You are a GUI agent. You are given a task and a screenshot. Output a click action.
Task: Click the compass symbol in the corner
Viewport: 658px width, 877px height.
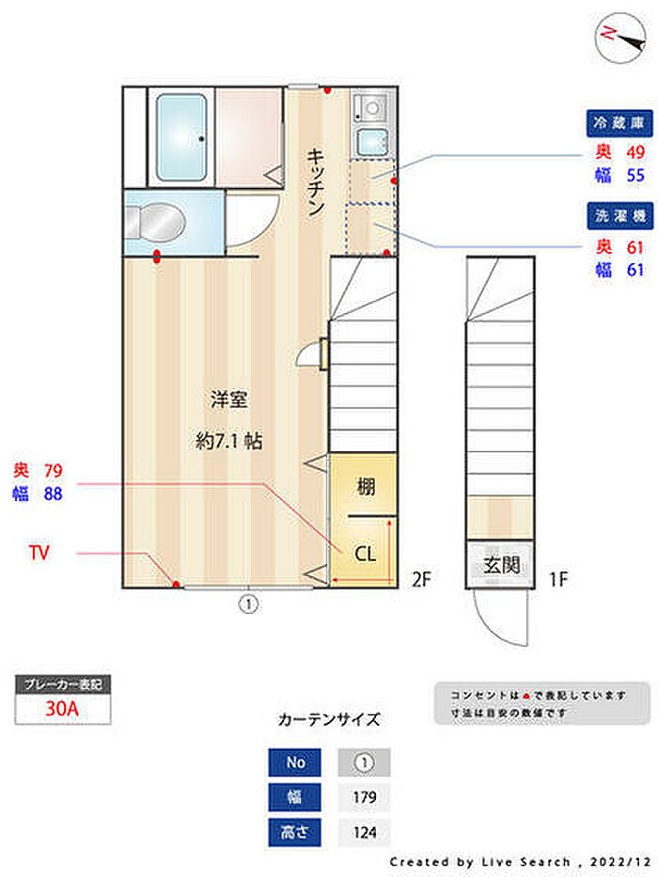620,38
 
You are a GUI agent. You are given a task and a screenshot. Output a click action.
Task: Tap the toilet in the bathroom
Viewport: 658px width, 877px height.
155,223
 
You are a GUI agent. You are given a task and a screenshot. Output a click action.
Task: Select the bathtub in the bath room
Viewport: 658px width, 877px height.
180,137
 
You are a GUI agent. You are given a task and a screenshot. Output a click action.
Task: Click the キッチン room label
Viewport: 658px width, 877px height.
316,181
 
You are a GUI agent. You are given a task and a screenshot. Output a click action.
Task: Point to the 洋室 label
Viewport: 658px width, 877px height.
228,399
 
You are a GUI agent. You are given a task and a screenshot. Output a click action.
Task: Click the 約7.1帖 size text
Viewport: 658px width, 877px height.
228,441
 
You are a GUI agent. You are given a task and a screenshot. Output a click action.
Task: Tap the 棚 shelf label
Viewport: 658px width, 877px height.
366,487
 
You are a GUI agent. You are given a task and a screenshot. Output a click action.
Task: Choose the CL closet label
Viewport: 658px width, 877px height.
366,555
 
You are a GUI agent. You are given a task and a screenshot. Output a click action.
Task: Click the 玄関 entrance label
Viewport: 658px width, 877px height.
501,565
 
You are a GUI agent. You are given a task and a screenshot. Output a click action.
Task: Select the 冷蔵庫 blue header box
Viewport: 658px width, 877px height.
619,123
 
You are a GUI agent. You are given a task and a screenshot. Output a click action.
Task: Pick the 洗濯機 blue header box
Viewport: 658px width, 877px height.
620,216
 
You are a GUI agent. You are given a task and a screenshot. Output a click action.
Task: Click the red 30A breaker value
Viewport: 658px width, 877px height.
62,708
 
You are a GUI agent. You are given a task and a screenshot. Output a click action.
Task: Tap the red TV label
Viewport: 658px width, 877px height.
39,553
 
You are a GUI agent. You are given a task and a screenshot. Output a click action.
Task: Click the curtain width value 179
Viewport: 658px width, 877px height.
365,797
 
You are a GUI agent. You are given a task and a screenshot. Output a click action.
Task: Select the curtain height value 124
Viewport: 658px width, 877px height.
365,832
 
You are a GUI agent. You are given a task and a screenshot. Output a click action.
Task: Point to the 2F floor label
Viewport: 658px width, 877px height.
421,579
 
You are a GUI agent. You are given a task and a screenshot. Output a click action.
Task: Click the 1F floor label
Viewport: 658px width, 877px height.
557,579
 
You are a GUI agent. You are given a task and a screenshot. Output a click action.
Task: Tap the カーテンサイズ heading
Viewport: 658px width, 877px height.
329,719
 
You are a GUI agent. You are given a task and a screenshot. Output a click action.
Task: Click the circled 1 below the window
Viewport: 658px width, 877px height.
248,604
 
